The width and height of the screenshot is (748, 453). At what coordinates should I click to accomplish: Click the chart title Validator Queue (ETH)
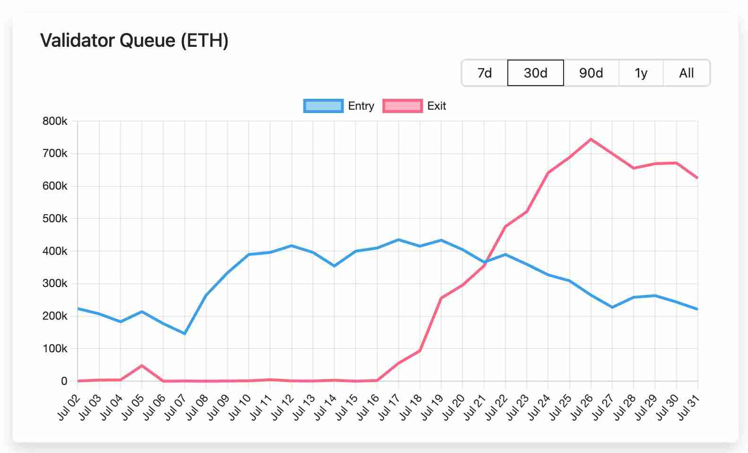coord(134,41)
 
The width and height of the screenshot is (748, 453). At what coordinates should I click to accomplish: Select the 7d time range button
coord(485,73)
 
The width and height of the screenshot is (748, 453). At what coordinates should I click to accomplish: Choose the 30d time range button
coord(535,73)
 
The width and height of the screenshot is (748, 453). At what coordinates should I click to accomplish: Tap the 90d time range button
coord(591,73)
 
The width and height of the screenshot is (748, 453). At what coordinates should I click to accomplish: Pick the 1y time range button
coord(641,73)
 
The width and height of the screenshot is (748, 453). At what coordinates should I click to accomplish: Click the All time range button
coord(686,73)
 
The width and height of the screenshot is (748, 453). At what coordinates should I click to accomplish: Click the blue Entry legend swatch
coord(323,106)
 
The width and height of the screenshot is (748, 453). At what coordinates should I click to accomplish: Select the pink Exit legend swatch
coord(402,106)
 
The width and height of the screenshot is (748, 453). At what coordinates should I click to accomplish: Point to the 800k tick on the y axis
coord(55,122)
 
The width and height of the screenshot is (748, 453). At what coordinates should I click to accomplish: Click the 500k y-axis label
coord(55,219)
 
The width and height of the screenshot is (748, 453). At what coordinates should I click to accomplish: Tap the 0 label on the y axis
coord(64,381)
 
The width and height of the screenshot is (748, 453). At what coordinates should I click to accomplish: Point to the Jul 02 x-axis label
coord(69,408)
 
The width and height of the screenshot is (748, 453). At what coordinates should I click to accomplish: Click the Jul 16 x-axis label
coord(368,408)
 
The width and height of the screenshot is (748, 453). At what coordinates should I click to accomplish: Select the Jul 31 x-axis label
coord(689,408)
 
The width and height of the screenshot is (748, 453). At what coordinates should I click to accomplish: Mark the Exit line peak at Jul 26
coord(591,139)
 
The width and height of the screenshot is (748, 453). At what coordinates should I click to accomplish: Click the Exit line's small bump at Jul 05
coord(142,366)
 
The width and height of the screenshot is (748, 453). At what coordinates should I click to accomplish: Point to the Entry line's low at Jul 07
coord(184,334)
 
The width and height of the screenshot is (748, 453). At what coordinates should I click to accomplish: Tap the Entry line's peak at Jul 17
coord(398,240)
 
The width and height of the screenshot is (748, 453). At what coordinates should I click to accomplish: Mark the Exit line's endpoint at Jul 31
coord(697,178)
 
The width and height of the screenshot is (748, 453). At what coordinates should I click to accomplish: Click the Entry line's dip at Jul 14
coord(334,266)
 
